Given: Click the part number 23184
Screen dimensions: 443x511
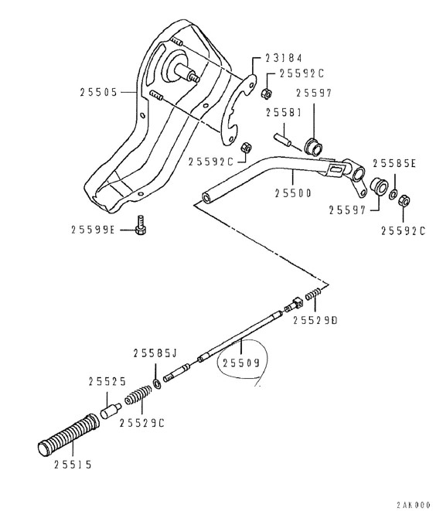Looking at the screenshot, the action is tap(283, 58).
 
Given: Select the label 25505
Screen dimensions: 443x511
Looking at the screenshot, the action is tap(98, 92).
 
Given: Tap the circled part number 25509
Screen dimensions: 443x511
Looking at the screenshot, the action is tap(241, 363).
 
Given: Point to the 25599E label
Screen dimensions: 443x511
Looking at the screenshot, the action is tap(93, 230).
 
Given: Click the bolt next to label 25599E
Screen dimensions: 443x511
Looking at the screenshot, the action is tap(141, 225).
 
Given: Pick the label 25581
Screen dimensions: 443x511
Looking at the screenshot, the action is tap(284, 113).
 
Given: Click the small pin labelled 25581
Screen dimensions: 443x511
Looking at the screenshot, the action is tap(282, 139).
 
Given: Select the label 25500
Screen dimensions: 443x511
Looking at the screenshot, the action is tap(293, 193).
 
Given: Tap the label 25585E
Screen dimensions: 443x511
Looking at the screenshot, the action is tap(394, 163).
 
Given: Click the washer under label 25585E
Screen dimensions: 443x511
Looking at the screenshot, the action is tap(394, 194).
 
